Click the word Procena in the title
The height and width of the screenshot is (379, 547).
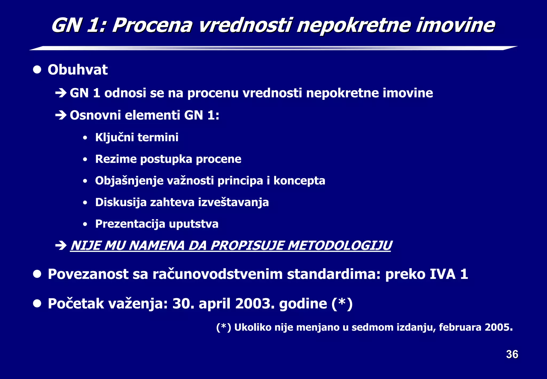click(x=152, y=26)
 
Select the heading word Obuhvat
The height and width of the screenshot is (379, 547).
click(x=77, y=70)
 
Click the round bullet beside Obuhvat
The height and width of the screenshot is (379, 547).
click(x=37, y=70)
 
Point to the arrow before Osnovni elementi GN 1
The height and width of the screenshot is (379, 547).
click(x=61, y=115)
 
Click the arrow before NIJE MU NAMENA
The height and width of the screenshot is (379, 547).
click(x=61, y=245)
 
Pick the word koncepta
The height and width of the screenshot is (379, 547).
click(x=299, y=181)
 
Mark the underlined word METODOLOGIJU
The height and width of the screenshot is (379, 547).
click(x=339, y=245)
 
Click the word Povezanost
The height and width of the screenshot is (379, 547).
click(x=88, y=274)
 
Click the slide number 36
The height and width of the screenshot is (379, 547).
click(x=512, y=354)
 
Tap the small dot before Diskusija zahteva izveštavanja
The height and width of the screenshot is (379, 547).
click(x=85, y=203)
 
